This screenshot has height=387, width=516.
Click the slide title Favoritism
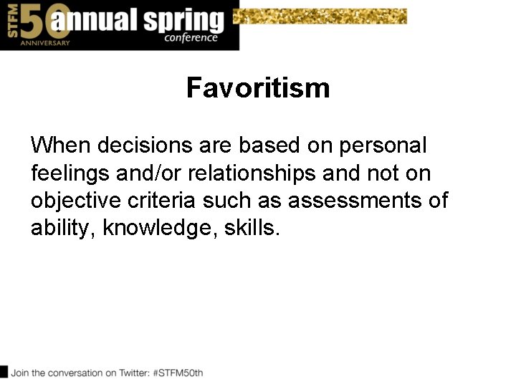tap(258, 88)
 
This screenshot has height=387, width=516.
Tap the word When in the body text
tap(60, 145)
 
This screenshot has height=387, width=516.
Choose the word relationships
tap(251, 173)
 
